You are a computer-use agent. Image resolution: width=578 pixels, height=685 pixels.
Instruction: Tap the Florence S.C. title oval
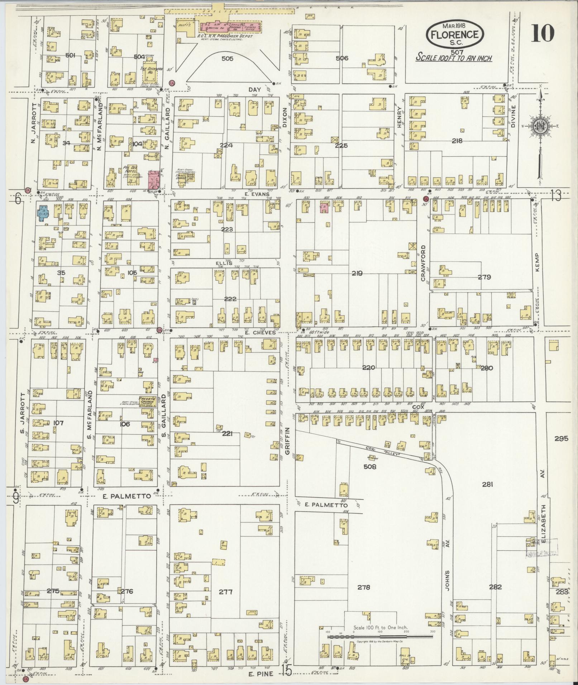[455, 34]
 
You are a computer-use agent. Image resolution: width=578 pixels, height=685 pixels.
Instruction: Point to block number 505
[227, 58]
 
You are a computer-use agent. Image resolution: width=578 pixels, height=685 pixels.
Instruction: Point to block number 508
[369, 467]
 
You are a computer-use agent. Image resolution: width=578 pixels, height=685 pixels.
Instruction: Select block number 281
[487, 484]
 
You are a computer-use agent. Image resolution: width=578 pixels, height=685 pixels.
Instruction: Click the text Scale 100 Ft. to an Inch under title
[454, 58]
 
